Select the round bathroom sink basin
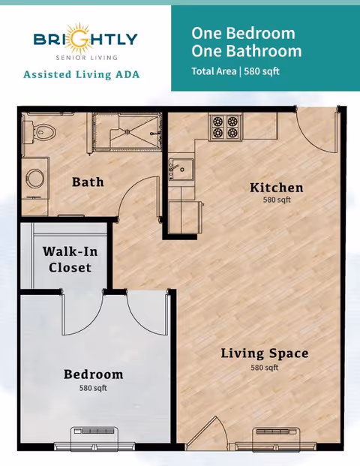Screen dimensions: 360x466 (35, 179)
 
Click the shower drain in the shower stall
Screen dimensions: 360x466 (128, 131)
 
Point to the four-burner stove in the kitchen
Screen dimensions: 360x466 (226, 127)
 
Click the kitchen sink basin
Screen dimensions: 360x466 (181, 170)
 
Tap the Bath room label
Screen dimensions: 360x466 (88, 182)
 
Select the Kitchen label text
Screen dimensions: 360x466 (277, 188)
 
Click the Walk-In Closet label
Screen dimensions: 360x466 (70, 260)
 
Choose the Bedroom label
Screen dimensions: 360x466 (94, 374)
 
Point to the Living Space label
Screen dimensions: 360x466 (265, 353)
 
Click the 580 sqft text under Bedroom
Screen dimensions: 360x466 (93, 388)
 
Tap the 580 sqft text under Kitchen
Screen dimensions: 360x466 (277, 200)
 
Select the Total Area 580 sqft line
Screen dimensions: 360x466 (235, 71)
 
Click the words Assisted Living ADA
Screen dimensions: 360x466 (82, 74)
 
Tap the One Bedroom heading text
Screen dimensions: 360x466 (243, 33)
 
